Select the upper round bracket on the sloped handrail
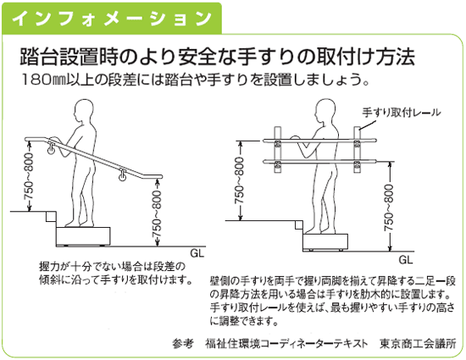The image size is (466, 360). (50, 150)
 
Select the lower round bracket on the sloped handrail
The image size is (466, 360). (123, 177)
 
